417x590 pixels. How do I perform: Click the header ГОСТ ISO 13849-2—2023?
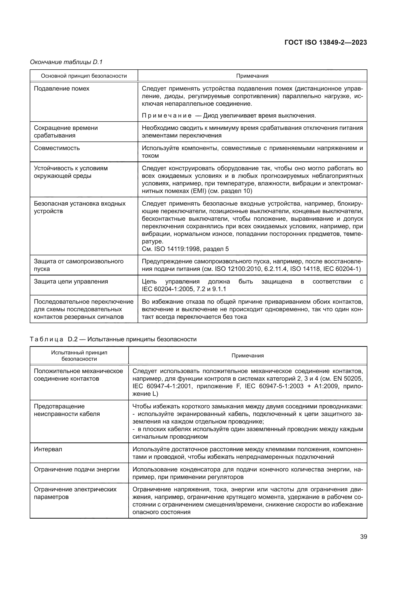coord(325,42)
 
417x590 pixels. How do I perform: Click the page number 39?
coord(363,537)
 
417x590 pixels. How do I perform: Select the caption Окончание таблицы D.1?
coord(66,62)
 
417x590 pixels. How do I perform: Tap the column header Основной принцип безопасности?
coord(84,76)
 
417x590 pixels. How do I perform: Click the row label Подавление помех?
coord(62,89)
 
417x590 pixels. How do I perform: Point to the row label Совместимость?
coord(57,148)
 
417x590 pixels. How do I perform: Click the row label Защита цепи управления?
coord(71,282)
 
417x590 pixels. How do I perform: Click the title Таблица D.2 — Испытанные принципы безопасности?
coord(113,339)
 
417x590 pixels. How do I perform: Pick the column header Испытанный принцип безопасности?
coord(79,356)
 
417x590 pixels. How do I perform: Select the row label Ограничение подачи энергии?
coord(77,469)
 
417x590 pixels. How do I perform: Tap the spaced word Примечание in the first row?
coord(166,116)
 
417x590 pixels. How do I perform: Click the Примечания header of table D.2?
coord(248,356)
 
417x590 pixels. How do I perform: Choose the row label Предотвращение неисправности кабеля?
coord(67,410)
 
